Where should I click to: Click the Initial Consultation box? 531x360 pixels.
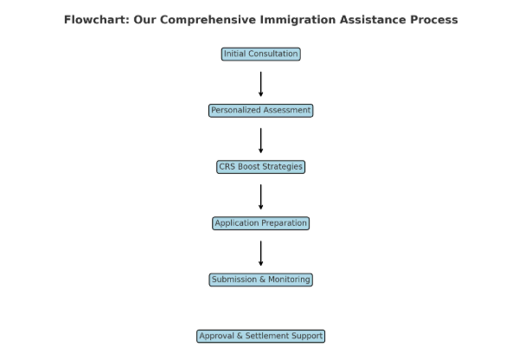261,55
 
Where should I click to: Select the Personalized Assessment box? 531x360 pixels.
261,111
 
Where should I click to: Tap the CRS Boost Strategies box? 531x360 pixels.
261,167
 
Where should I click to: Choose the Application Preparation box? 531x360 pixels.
261,223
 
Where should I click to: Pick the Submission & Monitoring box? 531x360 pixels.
261,280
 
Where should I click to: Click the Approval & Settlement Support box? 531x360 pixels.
261,337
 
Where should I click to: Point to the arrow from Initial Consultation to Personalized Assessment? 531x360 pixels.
261,84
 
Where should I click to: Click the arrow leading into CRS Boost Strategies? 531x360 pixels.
261,141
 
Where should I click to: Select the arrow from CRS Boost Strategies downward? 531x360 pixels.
261,197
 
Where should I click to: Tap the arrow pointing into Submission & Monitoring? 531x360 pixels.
261,254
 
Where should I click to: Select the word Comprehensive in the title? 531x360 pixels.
208,21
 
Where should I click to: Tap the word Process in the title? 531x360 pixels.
434,20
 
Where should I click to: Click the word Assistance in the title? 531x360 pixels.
373,20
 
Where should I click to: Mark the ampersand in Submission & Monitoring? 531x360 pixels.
262,280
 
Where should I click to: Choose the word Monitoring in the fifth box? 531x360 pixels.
289,280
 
